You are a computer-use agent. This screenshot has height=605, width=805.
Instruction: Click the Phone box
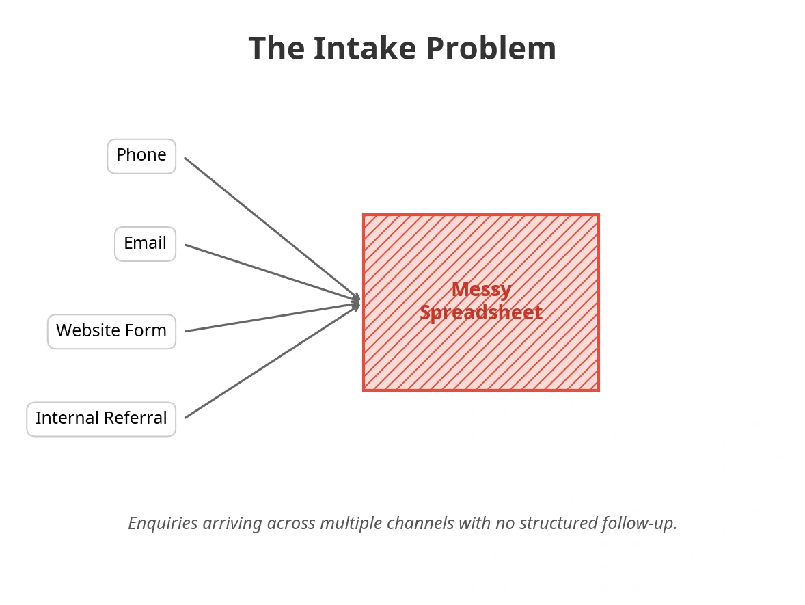[141, 156]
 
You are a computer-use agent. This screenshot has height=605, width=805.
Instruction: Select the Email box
[145, 244]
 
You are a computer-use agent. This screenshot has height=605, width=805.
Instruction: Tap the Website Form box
[111, 332]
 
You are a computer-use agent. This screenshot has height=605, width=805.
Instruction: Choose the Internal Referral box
[101, 419]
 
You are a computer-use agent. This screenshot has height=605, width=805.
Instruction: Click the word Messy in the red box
[481, 290]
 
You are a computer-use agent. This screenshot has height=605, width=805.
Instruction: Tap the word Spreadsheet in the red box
[481, 313]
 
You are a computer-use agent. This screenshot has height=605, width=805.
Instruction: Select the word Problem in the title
[491, 49]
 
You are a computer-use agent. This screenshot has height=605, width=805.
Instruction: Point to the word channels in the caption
[420, 524]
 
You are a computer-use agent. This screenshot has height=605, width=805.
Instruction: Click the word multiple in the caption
[351, 524]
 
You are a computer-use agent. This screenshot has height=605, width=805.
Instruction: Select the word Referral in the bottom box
[141, 418]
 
